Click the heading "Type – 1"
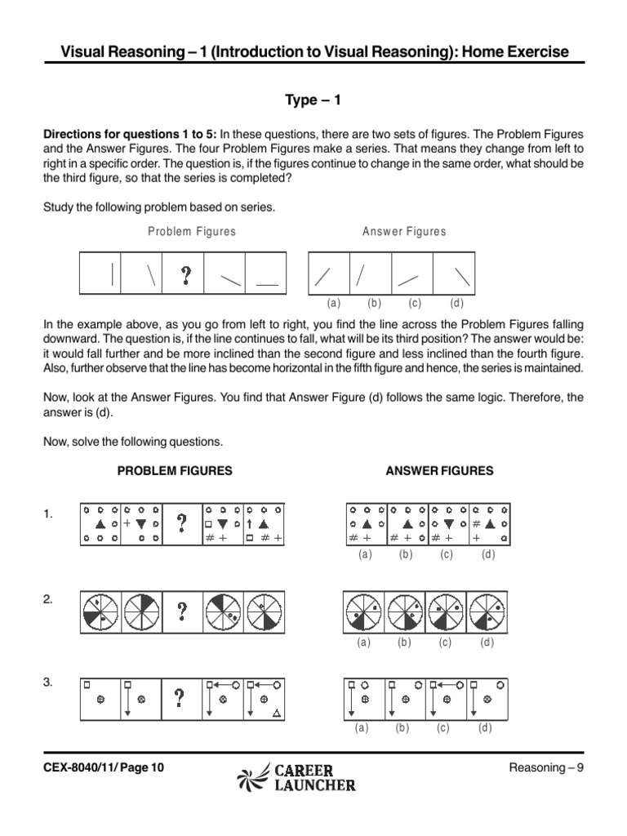coord(313,100)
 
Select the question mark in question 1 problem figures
coord(181,522)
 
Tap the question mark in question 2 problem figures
coord(181,613)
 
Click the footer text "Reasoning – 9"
coord(547,767)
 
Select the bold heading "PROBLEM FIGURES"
coord(175,471)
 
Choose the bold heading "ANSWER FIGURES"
coord(439,471)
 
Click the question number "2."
coord(48,598)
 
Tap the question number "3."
coord(48,683)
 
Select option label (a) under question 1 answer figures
coord(365,554)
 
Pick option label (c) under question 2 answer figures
coord(444,643)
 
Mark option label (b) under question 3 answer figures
coord(402,728)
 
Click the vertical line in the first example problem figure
coord(111,273)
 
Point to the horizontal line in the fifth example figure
coord(266,284)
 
